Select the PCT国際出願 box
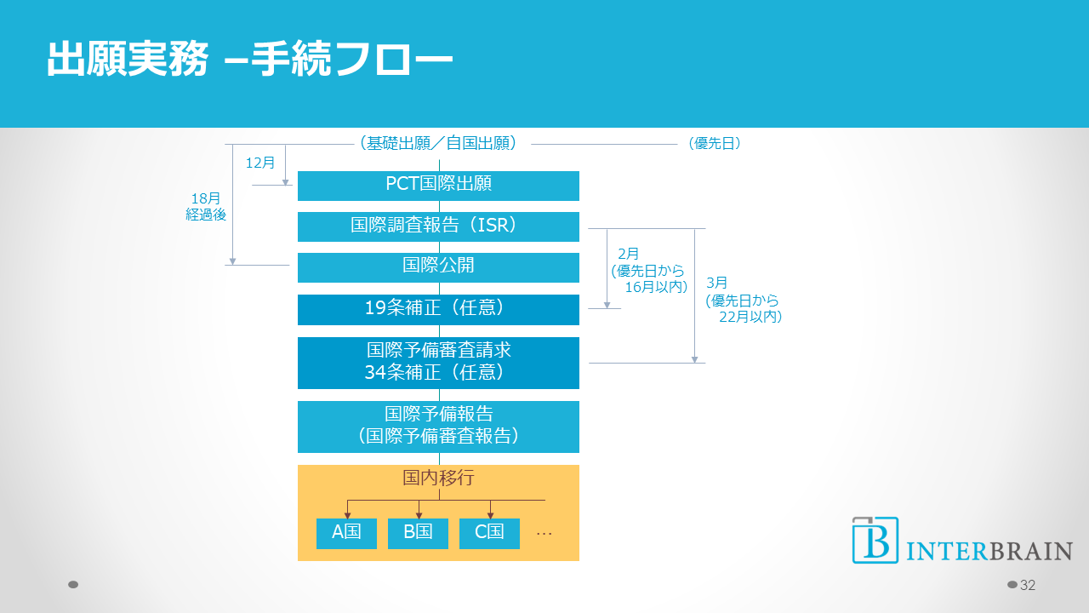coord(438,185)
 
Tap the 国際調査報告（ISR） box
coord(438,226)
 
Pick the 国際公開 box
coord(438,266)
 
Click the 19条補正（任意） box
coord(438,309)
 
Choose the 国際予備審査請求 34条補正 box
coord(438,362)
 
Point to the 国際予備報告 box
coord(438,426)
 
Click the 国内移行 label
coord(438,478)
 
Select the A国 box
coord(346,533)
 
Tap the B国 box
coord(418,533)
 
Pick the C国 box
coord(489,533)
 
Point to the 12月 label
coord(260,163)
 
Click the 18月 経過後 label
coord(206,207)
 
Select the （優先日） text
coord(715,144)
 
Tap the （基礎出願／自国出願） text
coord(439,144)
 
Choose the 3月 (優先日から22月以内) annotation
coord(743,300)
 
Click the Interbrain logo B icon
coord(875,540)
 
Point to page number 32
coord(1027,585)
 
